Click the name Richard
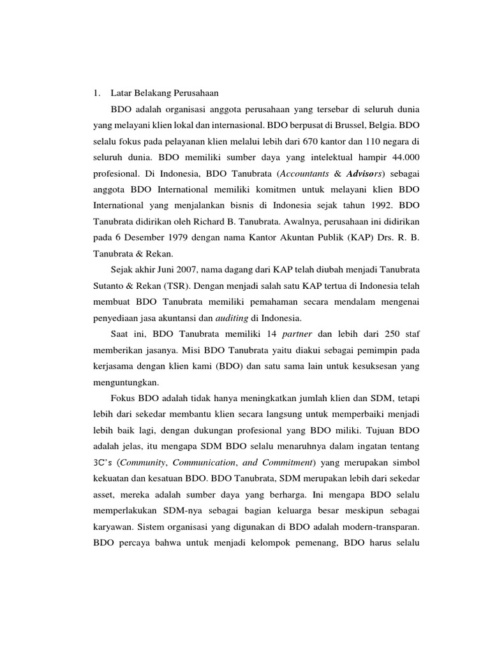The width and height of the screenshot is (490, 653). tap(223, 221)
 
